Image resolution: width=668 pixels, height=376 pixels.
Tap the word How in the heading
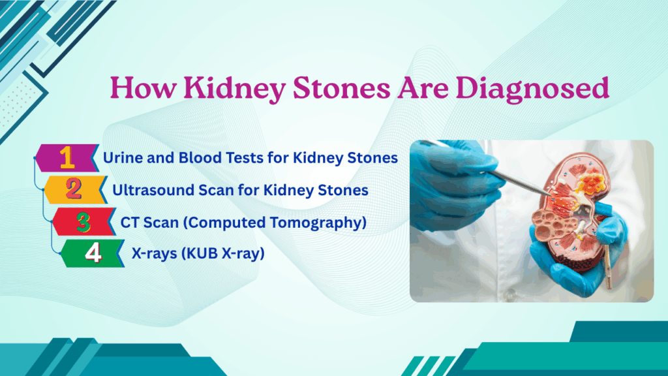pyautogui.click(x=138, y=87)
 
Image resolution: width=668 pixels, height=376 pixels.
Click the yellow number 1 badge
pyautogui.click(x=67, y=157)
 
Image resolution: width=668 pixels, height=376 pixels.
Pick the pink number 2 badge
pyautogui.click(x=74, y=190)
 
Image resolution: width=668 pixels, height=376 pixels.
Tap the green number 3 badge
pyautogui.click(x=83, y=223)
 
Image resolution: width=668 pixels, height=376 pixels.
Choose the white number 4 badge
pyautogui.click(x=93, y=254)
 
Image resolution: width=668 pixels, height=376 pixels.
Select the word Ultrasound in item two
pyautogui.click(x=148, y=191)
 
